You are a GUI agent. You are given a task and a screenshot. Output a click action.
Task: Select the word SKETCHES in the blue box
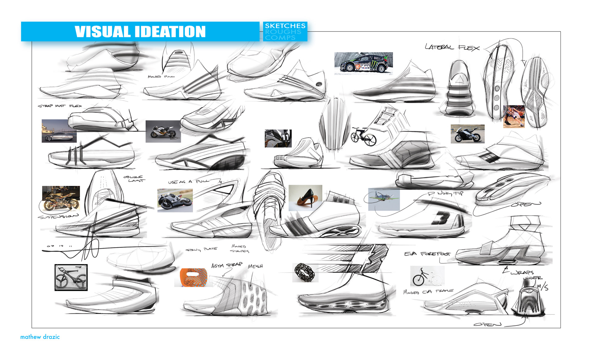click(285, 26)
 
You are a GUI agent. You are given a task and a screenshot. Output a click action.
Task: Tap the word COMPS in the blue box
click(280, 38)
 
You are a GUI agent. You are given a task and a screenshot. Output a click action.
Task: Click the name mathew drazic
click(40, 337)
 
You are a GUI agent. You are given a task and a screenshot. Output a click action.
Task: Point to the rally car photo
click(364, 63)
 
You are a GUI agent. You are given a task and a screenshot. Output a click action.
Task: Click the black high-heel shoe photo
click(305, 198)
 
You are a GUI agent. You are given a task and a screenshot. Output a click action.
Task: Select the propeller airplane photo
click(384, 199)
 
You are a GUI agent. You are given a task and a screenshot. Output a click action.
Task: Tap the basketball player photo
click(514, 116)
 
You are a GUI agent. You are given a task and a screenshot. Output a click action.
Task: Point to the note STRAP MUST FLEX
click(60, 106)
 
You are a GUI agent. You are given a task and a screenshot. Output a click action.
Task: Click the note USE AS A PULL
click(188, 181)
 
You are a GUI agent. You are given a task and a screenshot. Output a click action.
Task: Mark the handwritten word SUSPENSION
click(58, 217)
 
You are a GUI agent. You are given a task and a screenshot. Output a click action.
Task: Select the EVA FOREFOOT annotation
click(427, 254)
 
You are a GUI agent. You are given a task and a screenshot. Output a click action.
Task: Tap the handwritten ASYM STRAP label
click(227, 265)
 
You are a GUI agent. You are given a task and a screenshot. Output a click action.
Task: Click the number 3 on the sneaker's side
click(441, 218)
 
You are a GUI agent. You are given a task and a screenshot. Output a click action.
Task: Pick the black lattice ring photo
click(305, 273)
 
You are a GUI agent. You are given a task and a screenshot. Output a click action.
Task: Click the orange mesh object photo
click(193, 277)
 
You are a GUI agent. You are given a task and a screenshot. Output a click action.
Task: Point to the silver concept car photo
click(59, 131)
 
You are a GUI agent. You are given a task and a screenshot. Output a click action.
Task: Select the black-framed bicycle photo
click(71, 277)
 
